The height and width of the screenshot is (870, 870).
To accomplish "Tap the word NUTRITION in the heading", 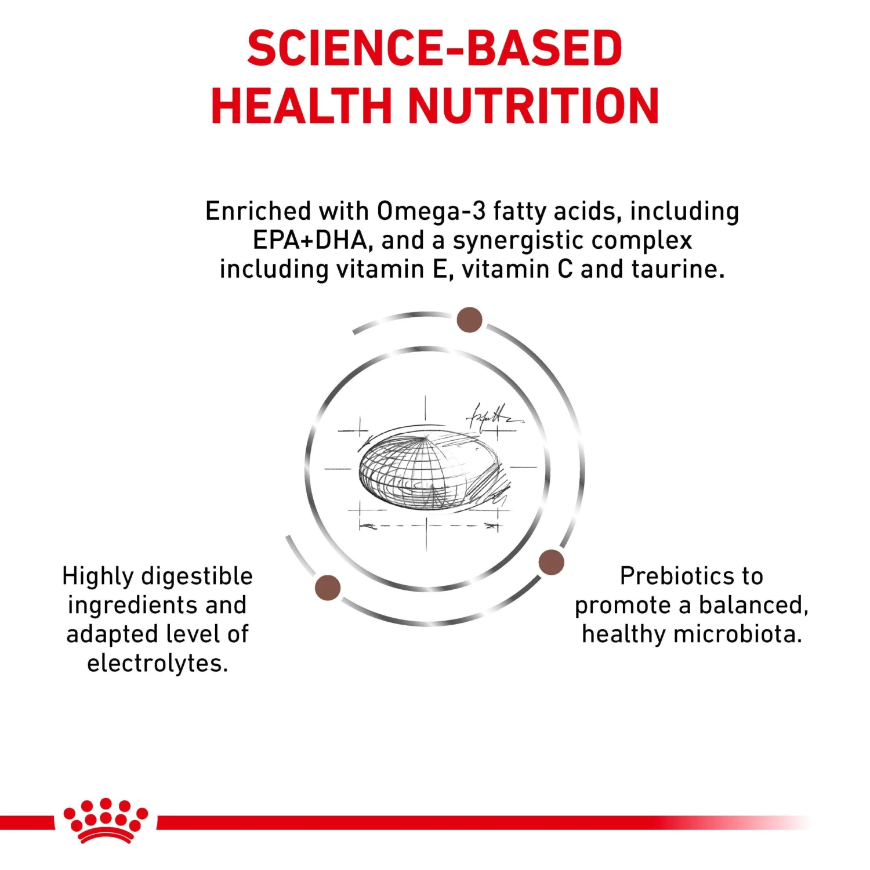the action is tap(534, 106).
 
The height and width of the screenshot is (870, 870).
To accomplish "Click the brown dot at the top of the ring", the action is tap(470, 320).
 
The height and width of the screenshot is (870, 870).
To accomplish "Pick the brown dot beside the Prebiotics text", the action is tap(551, 562).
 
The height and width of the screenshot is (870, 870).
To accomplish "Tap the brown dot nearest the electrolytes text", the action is tap(328, 588).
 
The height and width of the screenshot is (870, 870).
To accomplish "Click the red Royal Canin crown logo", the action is tap(106, 820).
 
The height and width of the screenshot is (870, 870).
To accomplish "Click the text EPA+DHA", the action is tap(310, 240).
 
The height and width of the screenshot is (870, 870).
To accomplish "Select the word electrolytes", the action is tap(157, 664).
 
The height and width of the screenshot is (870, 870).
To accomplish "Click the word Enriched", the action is tap(258, 211).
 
